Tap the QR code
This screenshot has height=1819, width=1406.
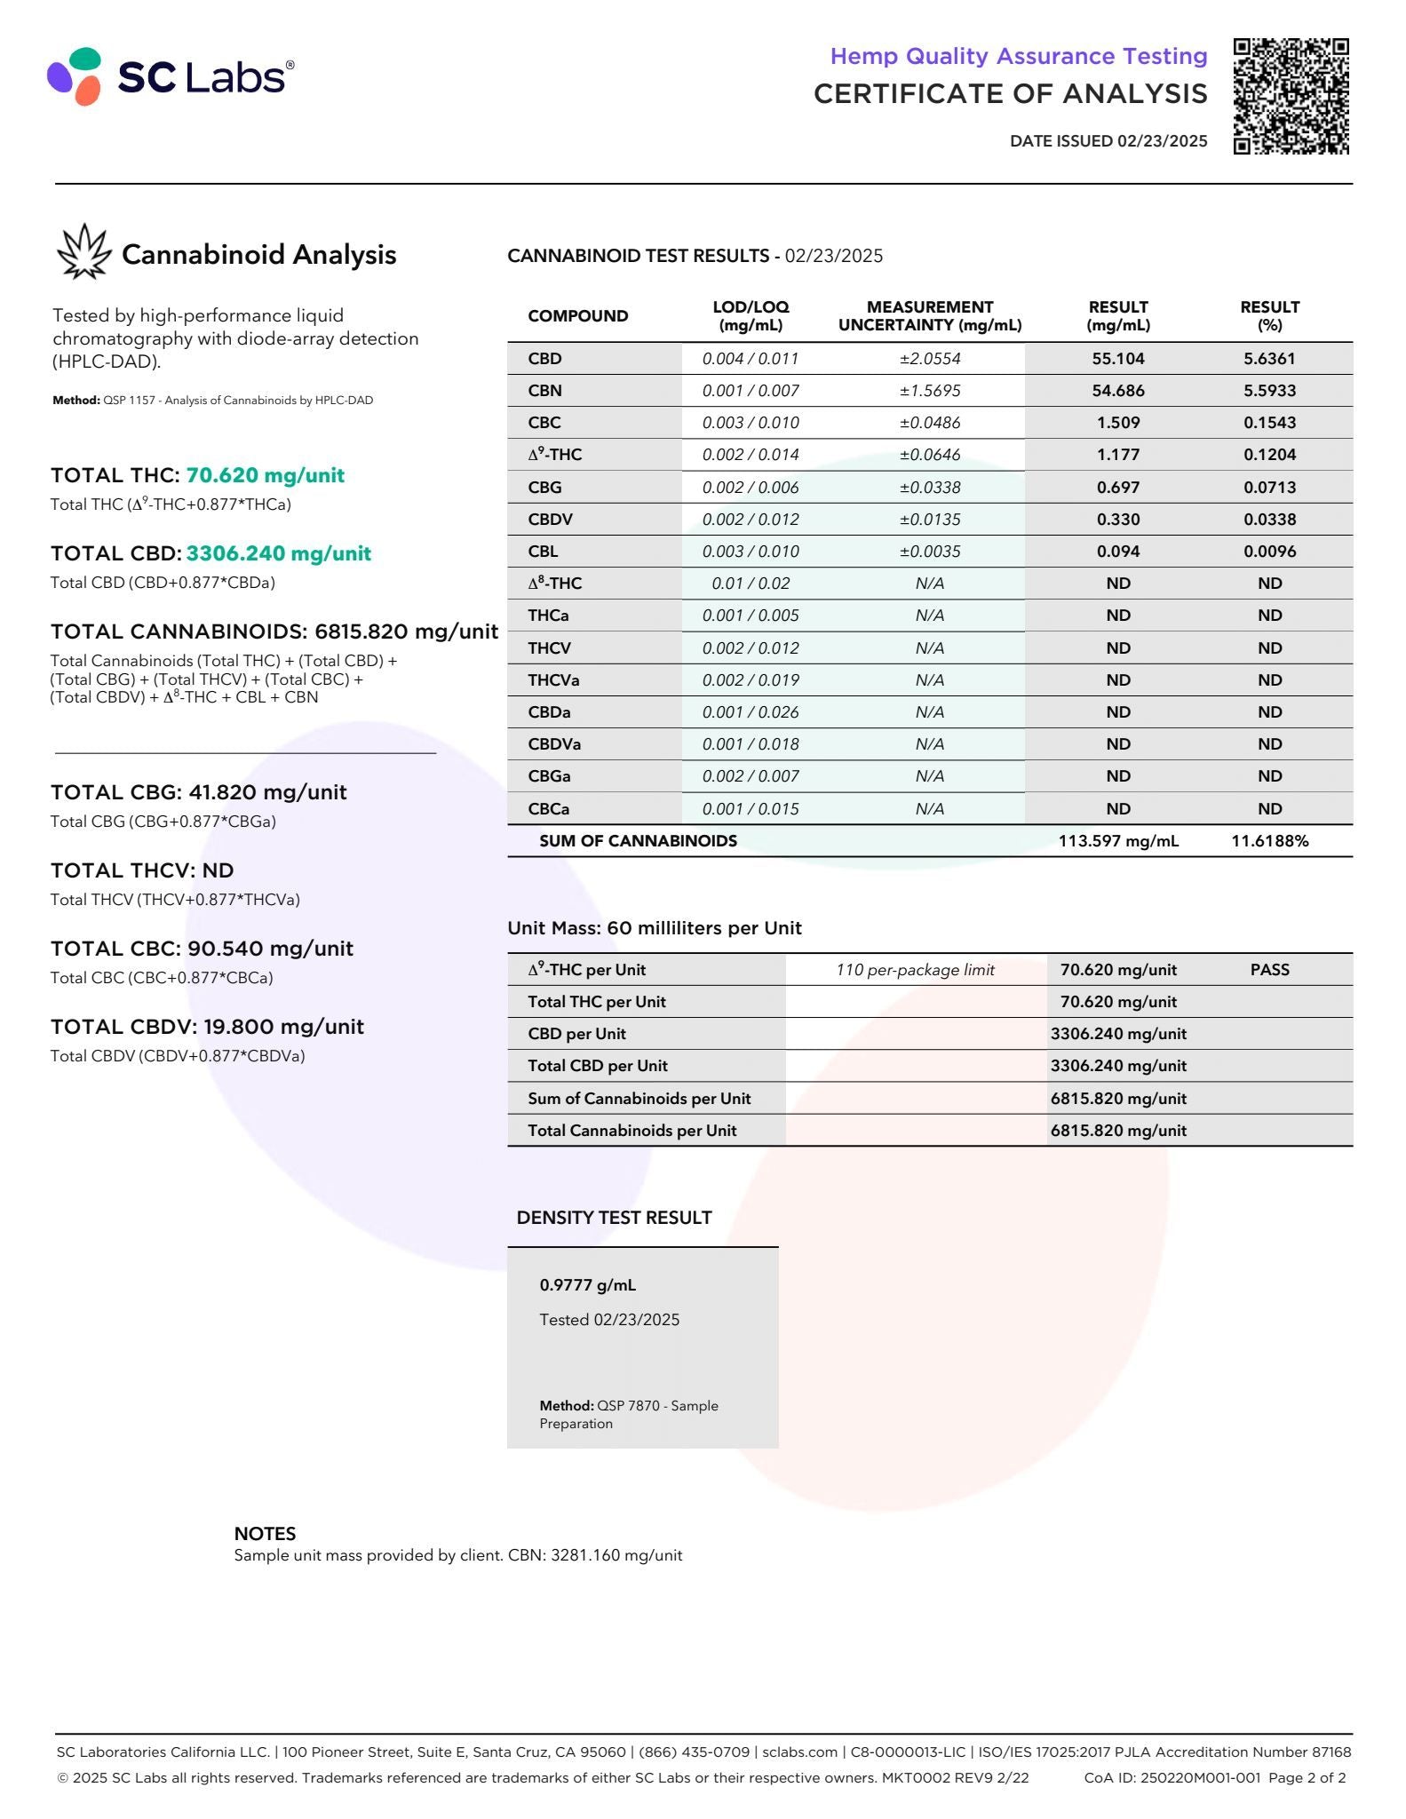point(1291,96)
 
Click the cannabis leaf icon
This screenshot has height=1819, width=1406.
point(83,252)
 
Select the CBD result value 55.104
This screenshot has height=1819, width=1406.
point(1117,359)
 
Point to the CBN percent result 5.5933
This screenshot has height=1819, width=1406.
point(1269,391)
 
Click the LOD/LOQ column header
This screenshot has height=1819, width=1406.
point(751,315)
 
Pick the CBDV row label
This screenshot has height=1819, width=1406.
point(550,520)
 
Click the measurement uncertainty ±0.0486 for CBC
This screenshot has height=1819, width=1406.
point(929,423)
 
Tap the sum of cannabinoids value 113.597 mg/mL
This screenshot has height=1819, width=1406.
point(1117,841)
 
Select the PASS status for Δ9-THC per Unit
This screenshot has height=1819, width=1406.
point(1269,970)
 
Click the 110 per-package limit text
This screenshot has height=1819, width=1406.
point(915,970)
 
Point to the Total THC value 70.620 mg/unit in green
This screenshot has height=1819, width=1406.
point(265,475)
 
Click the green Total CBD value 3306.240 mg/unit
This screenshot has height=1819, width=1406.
point(278,553)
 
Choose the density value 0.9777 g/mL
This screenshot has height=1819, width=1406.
point(587,1285)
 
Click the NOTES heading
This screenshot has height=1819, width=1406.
point(265,1533)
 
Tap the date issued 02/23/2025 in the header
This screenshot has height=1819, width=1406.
point(1108,140)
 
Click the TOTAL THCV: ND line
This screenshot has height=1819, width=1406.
point(142,870)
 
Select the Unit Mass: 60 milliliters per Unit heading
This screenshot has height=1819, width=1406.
point(654,928)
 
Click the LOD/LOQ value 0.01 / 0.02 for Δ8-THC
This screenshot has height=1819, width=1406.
point(751,584)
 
